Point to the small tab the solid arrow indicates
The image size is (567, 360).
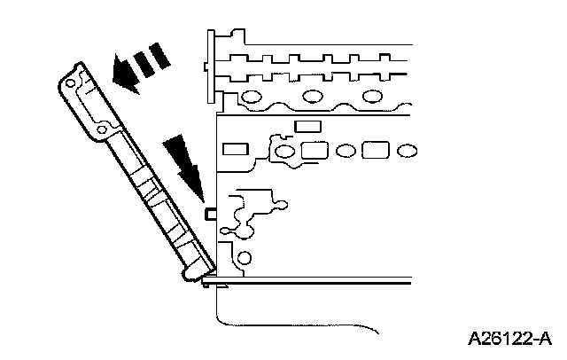pos(211,214)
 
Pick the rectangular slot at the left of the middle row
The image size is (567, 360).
pos(235,149)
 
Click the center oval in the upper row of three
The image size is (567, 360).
pos(311,95)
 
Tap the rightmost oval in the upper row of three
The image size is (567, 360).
pos(371,95)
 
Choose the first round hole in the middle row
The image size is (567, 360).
pos(285,152)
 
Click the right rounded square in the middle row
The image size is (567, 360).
pos(375,149)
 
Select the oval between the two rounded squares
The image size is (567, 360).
pos(346,151)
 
